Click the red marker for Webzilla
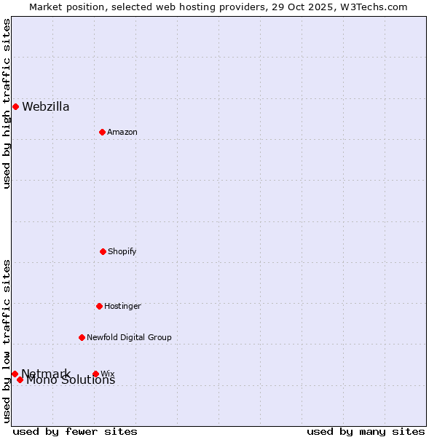15,106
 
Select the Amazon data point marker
102,132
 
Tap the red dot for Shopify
103,251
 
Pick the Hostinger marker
99,306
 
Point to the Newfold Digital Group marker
82,337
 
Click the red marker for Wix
95,374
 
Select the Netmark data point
15,374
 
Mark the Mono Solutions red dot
20,379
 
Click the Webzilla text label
46,107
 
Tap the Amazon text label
122,132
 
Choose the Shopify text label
122,251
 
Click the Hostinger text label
122,306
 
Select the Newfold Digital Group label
129,337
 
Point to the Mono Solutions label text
71,380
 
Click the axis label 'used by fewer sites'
75,431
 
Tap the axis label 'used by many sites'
366,431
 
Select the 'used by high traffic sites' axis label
7,103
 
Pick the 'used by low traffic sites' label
7,341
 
